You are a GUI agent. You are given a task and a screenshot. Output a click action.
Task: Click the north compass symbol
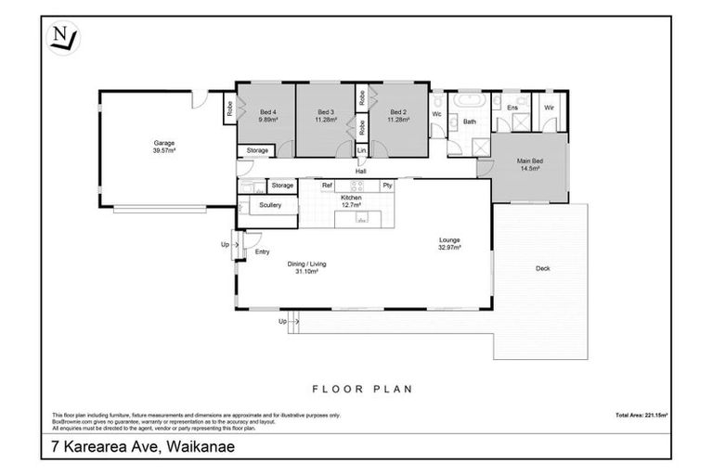pyautogui.click(x=64, y=39)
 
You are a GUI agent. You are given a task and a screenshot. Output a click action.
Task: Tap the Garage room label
pyautogui.click(x=165, y=143)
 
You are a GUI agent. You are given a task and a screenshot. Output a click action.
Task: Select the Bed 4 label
pyautogui.click(x=266, y=113)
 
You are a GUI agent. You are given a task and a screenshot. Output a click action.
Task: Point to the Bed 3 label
pyautogui.click(x=324, y=113)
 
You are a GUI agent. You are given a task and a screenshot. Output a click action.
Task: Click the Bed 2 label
pyautogui.click(x=399, y=113)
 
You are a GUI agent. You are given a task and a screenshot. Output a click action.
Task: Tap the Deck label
pyautogui.click(x=543, y=269)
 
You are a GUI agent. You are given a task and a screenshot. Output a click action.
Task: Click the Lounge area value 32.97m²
pyautogui.click(x=450, y=248)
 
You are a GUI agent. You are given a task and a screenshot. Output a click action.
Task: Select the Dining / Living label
pyautogui.click(x=307, y=264)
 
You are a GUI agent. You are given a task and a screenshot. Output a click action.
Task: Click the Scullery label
pyautogui.click(x=270, y=205)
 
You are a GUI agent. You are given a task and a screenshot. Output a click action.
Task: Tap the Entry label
pyautogui.click(x=263, y=251)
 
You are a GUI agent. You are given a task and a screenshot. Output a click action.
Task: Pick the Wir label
pyautogui.click(x=549, y=108)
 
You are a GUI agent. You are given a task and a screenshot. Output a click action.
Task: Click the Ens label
pyautogui.click(x=512, y=108)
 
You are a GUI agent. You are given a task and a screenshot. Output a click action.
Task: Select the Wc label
pyautogui.click(x=436, y=114)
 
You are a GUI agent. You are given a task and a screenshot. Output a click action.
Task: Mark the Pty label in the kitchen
pyautogui.click(x=388, y=186)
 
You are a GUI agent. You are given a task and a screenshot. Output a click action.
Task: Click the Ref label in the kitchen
pyautogui.click(x=327, y=186)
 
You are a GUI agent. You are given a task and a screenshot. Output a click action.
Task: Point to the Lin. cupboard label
pyautogui.click(x=362, y=150)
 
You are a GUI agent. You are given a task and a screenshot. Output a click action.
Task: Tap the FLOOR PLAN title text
pyautogui.click(x=362, y=390)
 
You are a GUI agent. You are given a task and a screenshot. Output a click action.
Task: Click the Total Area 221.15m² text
pyautogui.click(x=642, y=415)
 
